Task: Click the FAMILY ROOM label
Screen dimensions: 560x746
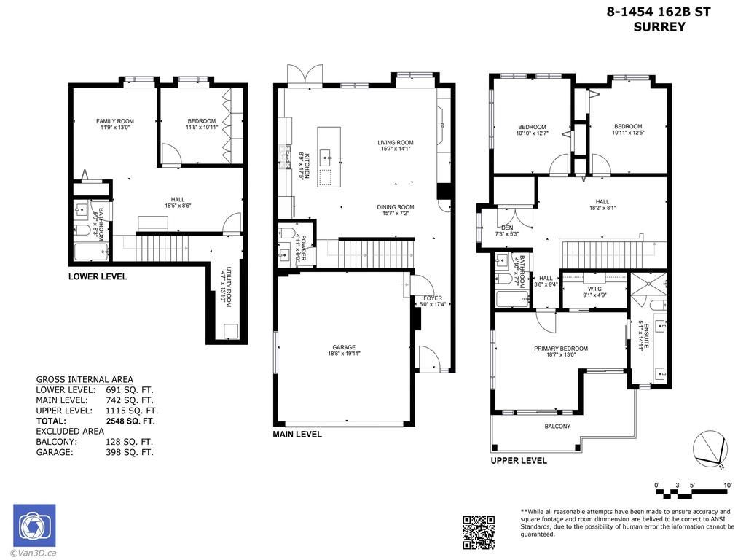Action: click(115, 121)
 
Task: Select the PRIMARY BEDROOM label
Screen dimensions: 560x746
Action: click(560, 349)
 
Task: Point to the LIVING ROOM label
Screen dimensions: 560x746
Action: click(395, 143)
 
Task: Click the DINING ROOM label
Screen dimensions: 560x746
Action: click(395, 207)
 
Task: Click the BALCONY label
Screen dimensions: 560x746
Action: click(557, 427)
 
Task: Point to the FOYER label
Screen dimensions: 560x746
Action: click(432, 298)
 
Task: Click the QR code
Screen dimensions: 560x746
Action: click(479, 532)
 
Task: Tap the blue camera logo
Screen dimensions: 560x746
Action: click(34, 526)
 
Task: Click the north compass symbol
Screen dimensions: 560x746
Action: click(710, 448)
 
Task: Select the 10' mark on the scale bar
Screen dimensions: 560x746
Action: click(728, 485)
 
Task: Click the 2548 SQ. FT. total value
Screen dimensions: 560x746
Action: click(130, 421)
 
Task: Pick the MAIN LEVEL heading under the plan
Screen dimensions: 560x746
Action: click(297, 435)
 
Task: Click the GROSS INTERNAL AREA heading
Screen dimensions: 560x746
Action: click(85, 379)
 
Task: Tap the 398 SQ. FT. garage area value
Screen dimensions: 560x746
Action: click(130, 452)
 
